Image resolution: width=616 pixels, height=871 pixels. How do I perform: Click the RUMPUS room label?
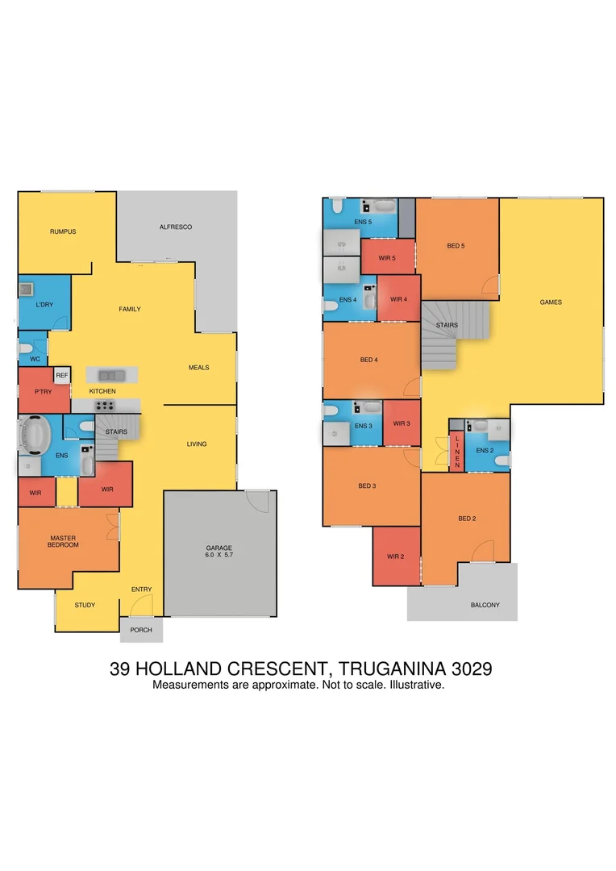pyautogui.click(x=62, y=231)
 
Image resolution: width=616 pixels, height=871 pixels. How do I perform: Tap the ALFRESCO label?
pyautogui.click(x=175, y=227)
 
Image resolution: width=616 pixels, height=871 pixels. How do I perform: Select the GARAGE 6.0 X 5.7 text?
pyautogui.click(x=219, y=552)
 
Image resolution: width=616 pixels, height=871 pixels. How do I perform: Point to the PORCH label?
pyautogui.click(x=141, y=630)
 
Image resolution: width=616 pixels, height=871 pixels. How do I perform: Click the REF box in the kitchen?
pyautogui.click(x=62, y=375)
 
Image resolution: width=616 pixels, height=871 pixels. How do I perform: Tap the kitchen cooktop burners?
pyautogui.click(x=106, y=406)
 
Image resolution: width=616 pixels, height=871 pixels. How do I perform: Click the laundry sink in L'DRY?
pyautogui.click(x=27, y=288)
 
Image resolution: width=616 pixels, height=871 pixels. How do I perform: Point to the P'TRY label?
pyautogui.click(x=43, y=391)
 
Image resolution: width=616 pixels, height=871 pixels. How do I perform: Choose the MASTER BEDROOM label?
pyautogui.click(x=63, y=541)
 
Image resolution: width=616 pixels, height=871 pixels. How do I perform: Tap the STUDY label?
pyautogui.click(x=85, y=605)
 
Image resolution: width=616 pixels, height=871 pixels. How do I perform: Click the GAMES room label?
pyautogui.click(x=551, y=302)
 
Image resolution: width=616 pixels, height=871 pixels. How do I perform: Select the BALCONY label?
pyautogui.click(x=485, y=605)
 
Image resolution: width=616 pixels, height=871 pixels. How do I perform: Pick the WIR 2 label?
pyautogui.click(x=395, y=556)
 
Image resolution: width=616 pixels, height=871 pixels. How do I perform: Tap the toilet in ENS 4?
pyautogui.click(x=331, y=306)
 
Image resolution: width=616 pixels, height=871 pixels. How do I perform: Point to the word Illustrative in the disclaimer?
pyautogui.click(x=416, y=685)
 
